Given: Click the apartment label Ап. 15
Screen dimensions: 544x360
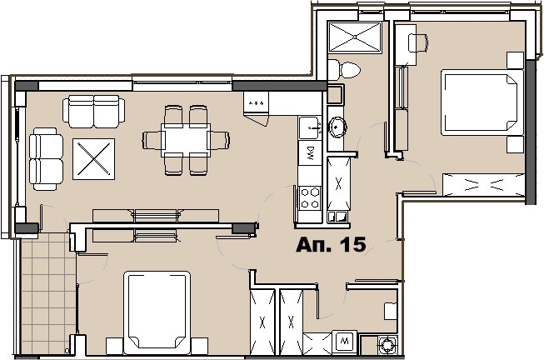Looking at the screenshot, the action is [x=331, y=244].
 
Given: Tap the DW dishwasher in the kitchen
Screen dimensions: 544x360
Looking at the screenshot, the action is [x=310, y=152].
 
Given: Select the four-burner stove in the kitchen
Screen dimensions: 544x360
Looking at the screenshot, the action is [x=310, y=197].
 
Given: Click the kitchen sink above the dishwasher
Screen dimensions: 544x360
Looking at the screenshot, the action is [x=310, y=128].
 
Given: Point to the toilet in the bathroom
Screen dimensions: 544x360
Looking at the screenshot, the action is [x=344, y=70].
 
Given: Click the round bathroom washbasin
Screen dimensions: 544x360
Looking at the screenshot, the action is [x=336, y=127].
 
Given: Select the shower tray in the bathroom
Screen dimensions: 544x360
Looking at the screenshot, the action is [x=355, y=37].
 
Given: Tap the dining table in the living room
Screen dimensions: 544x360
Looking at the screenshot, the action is [x=186, y=140].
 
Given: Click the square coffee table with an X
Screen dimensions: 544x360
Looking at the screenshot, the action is [x=93, y=159].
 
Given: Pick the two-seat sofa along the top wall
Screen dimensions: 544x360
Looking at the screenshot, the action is [x=93, y=112].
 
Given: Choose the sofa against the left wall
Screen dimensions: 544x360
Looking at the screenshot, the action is [x=46, y=159].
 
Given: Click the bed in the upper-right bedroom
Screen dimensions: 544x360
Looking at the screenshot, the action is [x=482, y=102].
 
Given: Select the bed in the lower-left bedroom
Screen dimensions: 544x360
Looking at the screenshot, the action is [x=157, y=312].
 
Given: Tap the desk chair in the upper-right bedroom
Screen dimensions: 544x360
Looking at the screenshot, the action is [x=418, y=43].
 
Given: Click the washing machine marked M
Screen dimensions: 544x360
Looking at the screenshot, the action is [x=345, y=342].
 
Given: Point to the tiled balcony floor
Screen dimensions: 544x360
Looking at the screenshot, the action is [x=48, y=293].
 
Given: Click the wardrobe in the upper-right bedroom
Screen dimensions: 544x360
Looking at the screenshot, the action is [x=484, y=185].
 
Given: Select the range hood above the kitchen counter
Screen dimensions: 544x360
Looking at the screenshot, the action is [x=256, y=108].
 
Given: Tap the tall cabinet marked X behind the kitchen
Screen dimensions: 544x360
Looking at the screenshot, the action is [x=338, y=183].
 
